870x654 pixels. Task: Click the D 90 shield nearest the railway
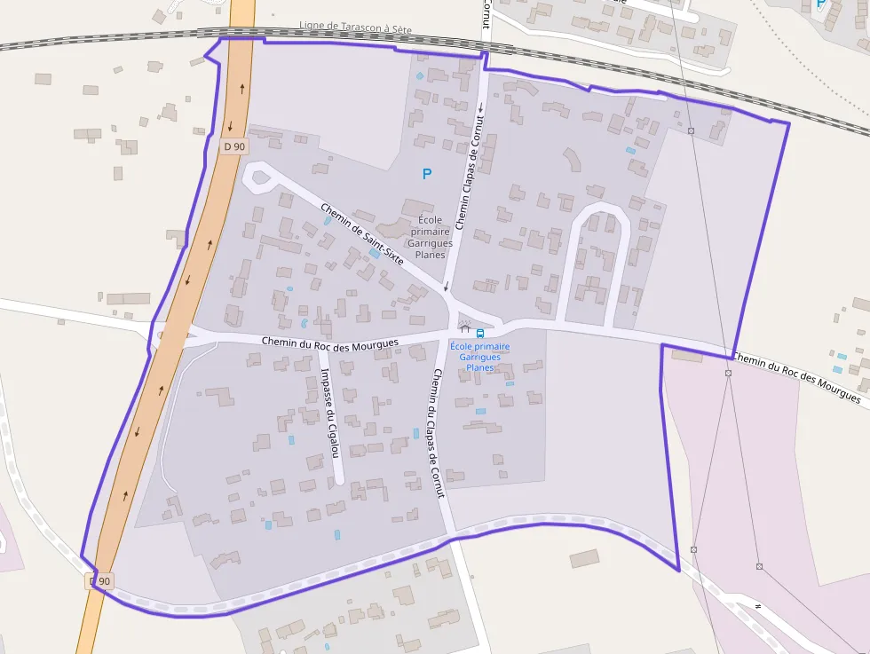(x=234, y=146)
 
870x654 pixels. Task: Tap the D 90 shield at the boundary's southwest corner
(x=101, y=581)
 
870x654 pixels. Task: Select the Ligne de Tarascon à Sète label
(x=355, y=28)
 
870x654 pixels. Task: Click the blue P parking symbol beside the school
(x=427, y=174)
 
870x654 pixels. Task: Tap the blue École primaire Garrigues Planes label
(x=479, y=357)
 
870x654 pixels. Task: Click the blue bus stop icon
(x=480, y=333)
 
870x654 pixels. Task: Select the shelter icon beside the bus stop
(x=464, y=330)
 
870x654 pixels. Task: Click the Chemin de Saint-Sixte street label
(x=362, y=234)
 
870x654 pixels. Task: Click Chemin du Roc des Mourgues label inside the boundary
(x=330, y=342)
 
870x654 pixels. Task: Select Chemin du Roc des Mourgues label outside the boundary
(x=797, y=378)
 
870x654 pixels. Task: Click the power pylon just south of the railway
(x=691, y=131)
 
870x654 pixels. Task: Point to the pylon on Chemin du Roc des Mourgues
(x=728, y=373)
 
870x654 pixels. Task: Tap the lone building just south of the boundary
(x=584, y=558)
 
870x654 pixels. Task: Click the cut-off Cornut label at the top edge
(x=486, y=13)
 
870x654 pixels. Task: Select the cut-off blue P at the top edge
(x=820, y=4)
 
